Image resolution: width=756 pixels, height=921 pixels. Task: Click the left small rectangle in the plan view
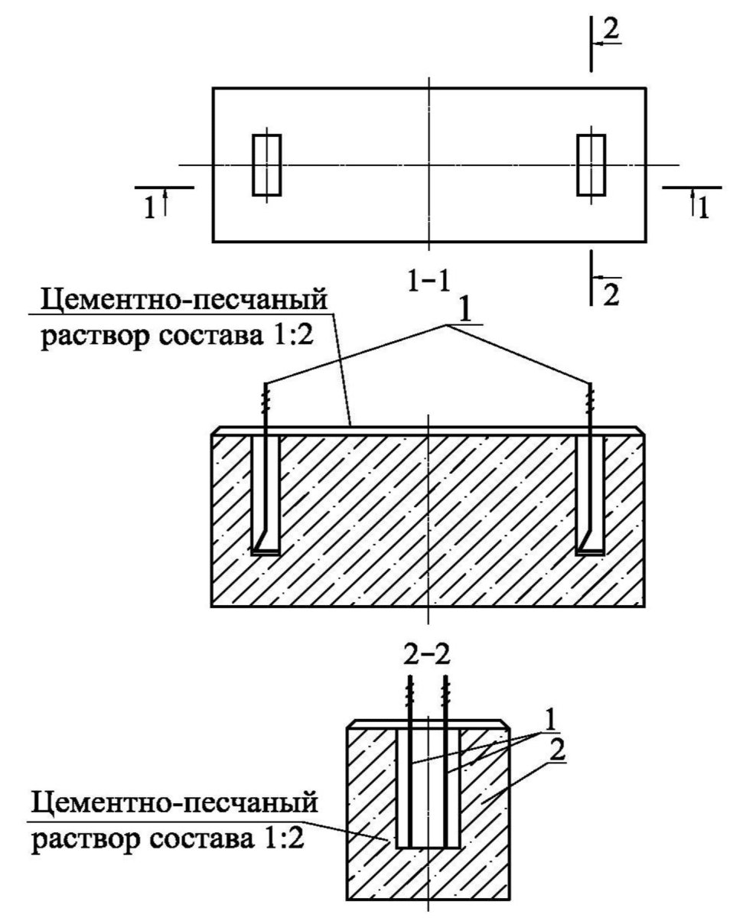(266, 164)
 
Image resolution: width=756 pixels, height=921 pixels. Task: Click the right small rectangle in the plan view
(591, 164)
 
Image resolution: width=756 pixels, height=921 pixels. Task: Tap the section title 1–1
(429, 281)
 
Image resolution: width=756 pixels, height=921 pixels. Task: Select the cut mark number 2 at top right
(611, 30)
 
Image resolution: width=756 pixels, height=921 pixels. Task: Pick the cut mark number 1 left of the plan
(150, 207)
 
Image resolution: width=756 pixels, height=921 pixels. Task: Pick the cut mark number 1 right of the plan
(702, 207)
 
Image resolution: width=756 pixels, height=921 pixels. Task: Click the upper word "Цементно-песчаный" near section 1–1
(184, 301)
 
